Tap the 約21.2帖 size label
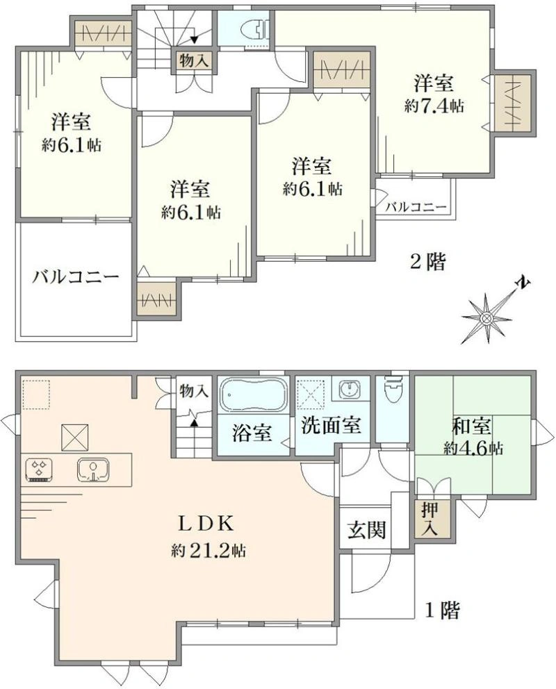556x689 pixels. [208, 550]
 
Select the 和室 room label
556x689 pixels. [472, 426]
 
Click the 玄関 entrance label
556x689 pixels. [366, 529]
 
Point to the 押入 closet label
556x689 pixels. [430, 519]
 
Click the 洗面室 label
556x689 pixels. [331, 425]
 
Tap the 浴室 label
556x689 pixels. [252, 433]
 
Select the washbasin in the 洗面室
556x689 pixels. [351, 388]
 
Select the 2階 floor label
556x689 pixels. [427, 263]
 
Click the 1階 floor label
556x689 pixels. [443, 611]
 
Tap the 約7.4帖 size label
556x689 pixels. [434, 106]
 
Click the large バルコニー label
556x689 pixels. [76, 277]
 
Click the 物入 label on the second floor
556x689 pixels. [194, 60]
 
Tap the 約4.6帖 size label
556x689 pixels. [473, 449]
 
